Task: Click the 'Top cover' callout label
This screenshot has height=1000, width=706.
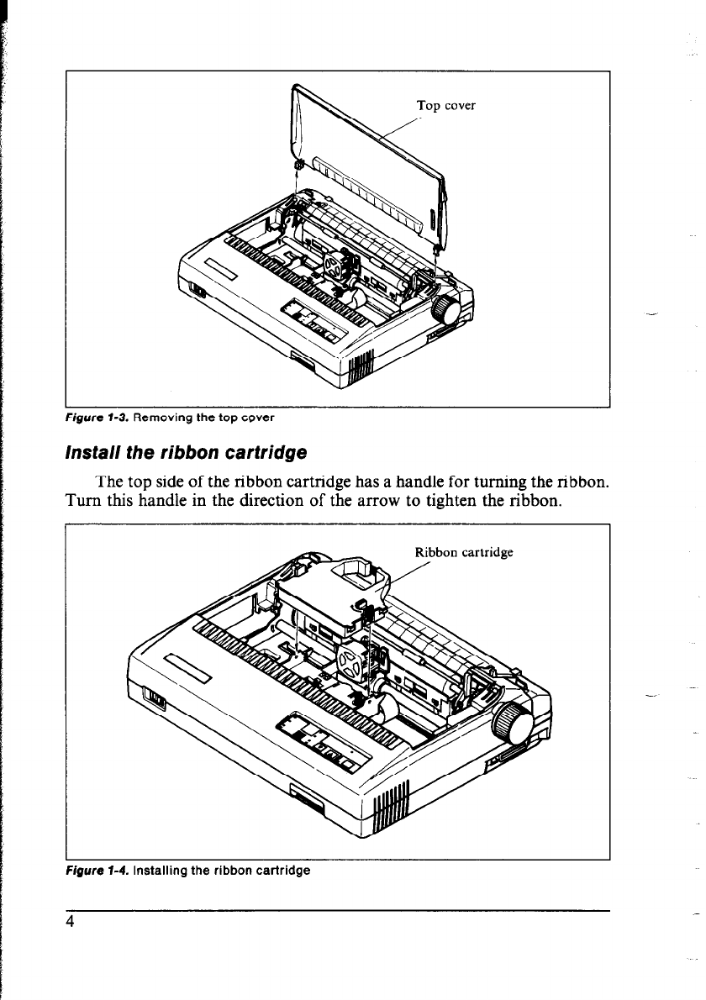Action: coord(446,106)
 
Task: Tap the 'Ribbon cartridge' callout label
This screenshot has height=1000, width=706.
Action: coord(464,553)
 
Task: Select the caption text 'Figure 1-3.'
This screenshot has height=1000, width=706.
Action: coord(97,416)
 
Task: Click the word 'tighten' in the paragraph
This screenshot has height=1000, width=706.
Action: coord(435,503)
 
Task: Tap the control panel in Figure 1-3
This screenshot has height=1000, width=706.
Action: coord(310,324)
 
